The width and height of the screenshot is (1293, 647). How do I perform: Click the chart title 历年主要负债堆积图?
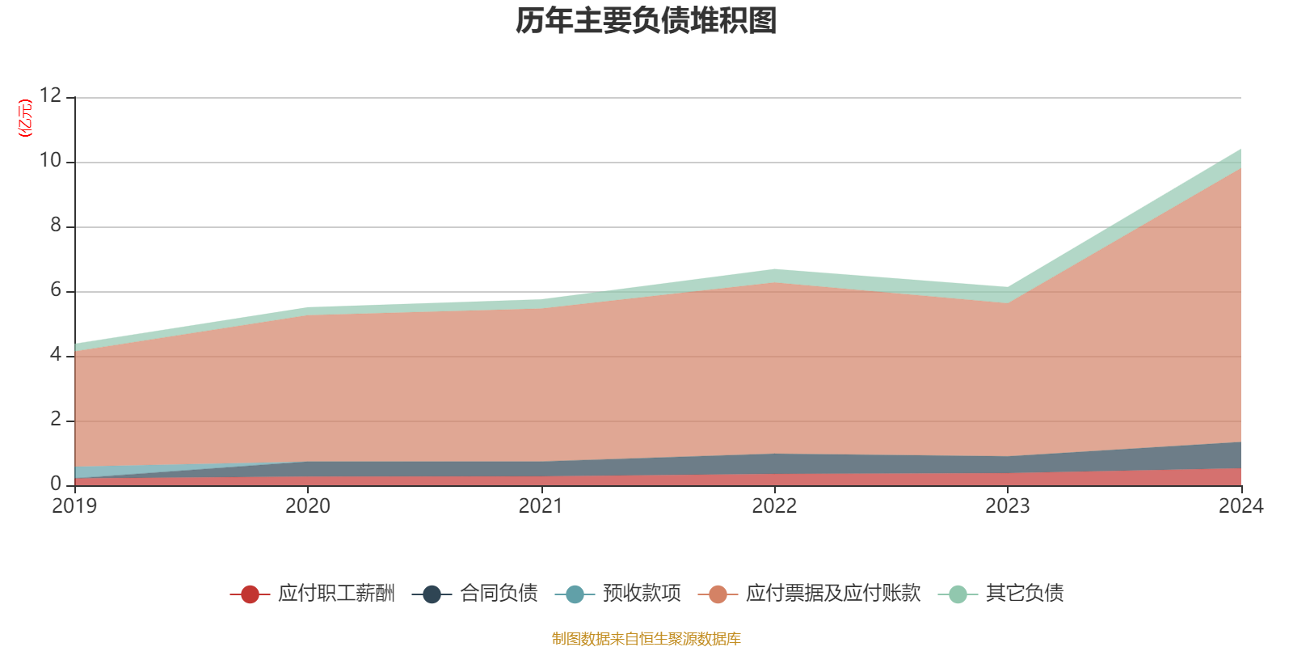646,21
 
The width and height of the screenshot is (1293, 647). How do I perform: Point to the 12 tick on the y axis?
50,95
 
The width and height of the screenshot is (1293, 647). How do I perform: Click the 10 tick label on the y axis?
50,160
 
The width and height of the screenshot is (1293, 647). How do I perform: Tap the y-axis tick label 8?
56,225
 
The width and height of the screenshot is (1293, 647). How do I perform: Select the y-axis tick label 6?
56,290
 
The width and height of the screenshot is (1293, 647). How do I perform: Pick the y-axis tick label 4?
56,354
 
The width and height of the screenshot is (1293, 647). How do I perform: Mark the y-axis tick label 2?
56,419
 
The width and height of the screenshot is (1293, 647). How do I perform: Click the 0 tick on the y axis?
56,484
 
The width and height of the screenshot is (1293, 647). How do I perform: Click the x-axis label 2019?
74,506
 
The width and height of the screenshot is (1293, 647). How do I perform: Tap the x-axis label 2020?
308,506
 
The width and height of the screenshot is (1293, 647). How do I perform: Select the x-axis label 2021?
541,506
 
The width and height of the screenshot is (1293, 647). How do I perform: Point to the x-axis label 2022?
774,506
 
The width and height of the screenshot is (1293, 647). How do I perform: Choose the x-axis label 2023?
1007,506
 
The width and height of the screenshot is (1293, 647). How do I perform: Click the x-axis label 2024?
1240,506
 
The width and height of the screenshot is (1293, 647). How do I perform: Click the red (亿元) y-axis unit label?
25,118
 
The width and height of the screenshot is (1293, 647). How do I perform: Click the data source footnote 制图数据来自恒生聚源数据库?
646,639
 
